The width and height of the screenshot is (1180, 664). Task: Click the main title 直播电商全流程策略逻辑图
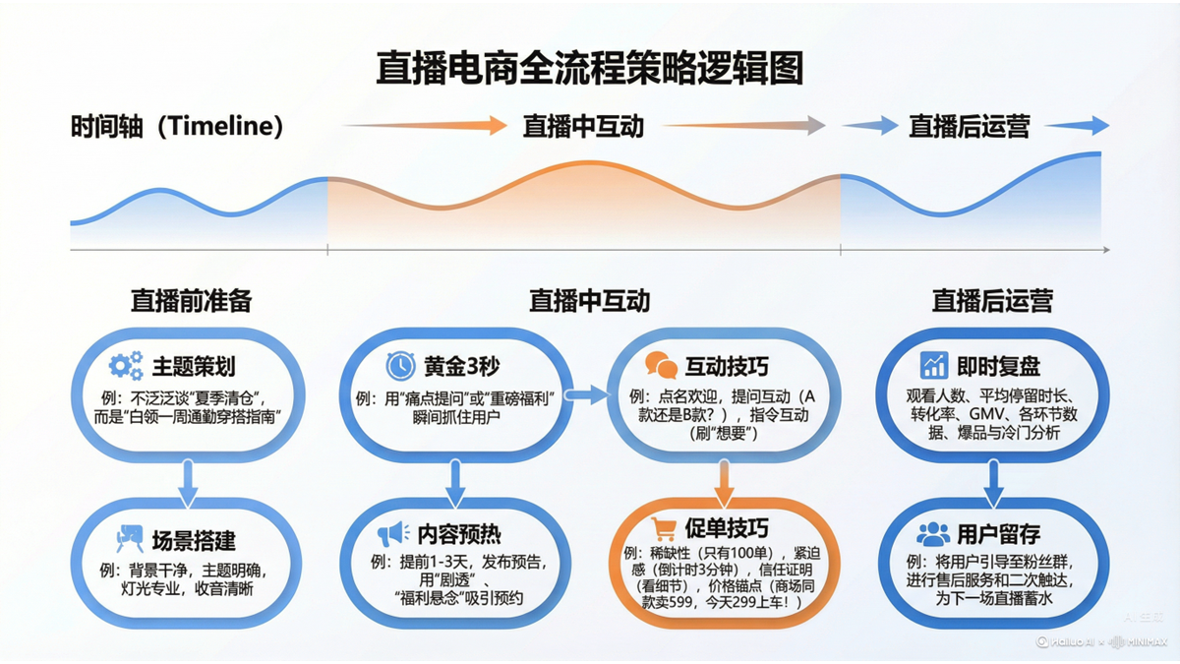tap(589, 70)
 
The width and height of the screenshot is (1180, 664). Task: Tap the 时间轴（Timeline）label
tap(177, 126)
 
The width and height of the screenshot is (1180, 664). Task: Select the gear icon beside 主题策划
tap(126, 367)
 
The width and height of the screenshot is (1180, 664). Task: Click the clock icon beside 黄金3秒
tap(400, 366)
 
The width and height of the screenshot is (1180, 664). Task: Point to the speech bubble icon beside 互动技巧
tap(661, 367)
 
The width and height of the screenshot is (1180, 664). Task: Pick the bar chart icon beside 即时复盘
tap(933, 366)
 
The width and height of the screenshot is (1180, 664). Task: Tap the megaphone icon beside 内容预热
tap(393, 534)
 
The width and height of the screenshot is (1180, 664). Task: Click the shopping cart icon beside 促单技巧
tap(664, 530)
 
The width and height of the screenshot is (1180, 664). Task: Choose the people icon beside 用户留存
tap(932, 534)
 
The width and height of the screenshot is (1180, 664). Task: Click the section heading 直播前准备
tap(191, 300)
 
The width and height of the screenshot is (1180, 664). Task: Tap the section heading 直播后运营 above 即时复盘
tap(993, 300)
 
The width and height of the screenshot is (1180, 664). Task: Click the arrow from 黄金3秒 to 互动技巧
tap(589, 395)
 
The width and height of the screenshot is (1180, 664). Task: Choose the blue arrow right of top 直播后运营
tap(1076, 125)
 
